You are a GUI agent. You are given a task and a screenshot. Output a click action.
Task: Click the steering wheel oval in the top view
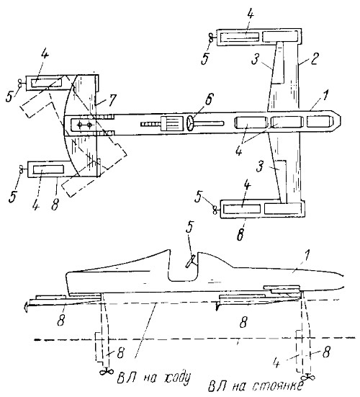point(190,123)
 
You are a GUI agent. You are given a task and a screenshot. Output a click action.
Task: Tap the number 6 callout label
point(210,99)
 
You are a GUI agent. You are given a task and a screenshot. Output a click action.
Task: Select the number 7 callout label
point(111,100)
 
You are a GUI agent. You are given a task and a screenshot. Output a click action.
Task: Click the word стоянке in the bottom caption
point(278,385)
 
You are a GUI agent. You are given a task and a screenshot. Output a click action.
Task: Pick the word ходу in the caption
point(176,378)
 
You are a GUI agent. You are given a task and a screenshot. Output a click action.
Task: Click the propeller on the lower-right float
point(215,210)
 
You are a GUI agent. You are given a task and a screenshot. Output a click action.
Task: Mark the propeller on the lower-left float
point(22,169)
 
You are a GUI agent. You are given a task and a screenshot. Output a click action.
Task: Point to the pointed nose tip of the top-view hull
point(341,120)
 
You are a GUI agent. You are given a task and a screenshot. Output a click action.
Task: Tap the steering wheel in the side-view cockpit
point(191,262)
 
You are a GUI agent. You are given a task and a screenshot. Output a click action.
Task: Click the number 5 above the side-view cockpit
point(190,228)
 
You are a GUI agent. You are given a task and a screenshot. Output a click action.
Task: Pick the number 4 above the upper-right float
point(250,13)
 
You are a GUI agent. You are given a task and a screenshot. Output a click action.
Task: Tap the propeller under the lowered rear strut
point(107,372)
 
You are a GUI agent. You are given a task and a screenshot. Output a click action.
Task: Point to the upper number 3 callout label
point(255,59)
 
